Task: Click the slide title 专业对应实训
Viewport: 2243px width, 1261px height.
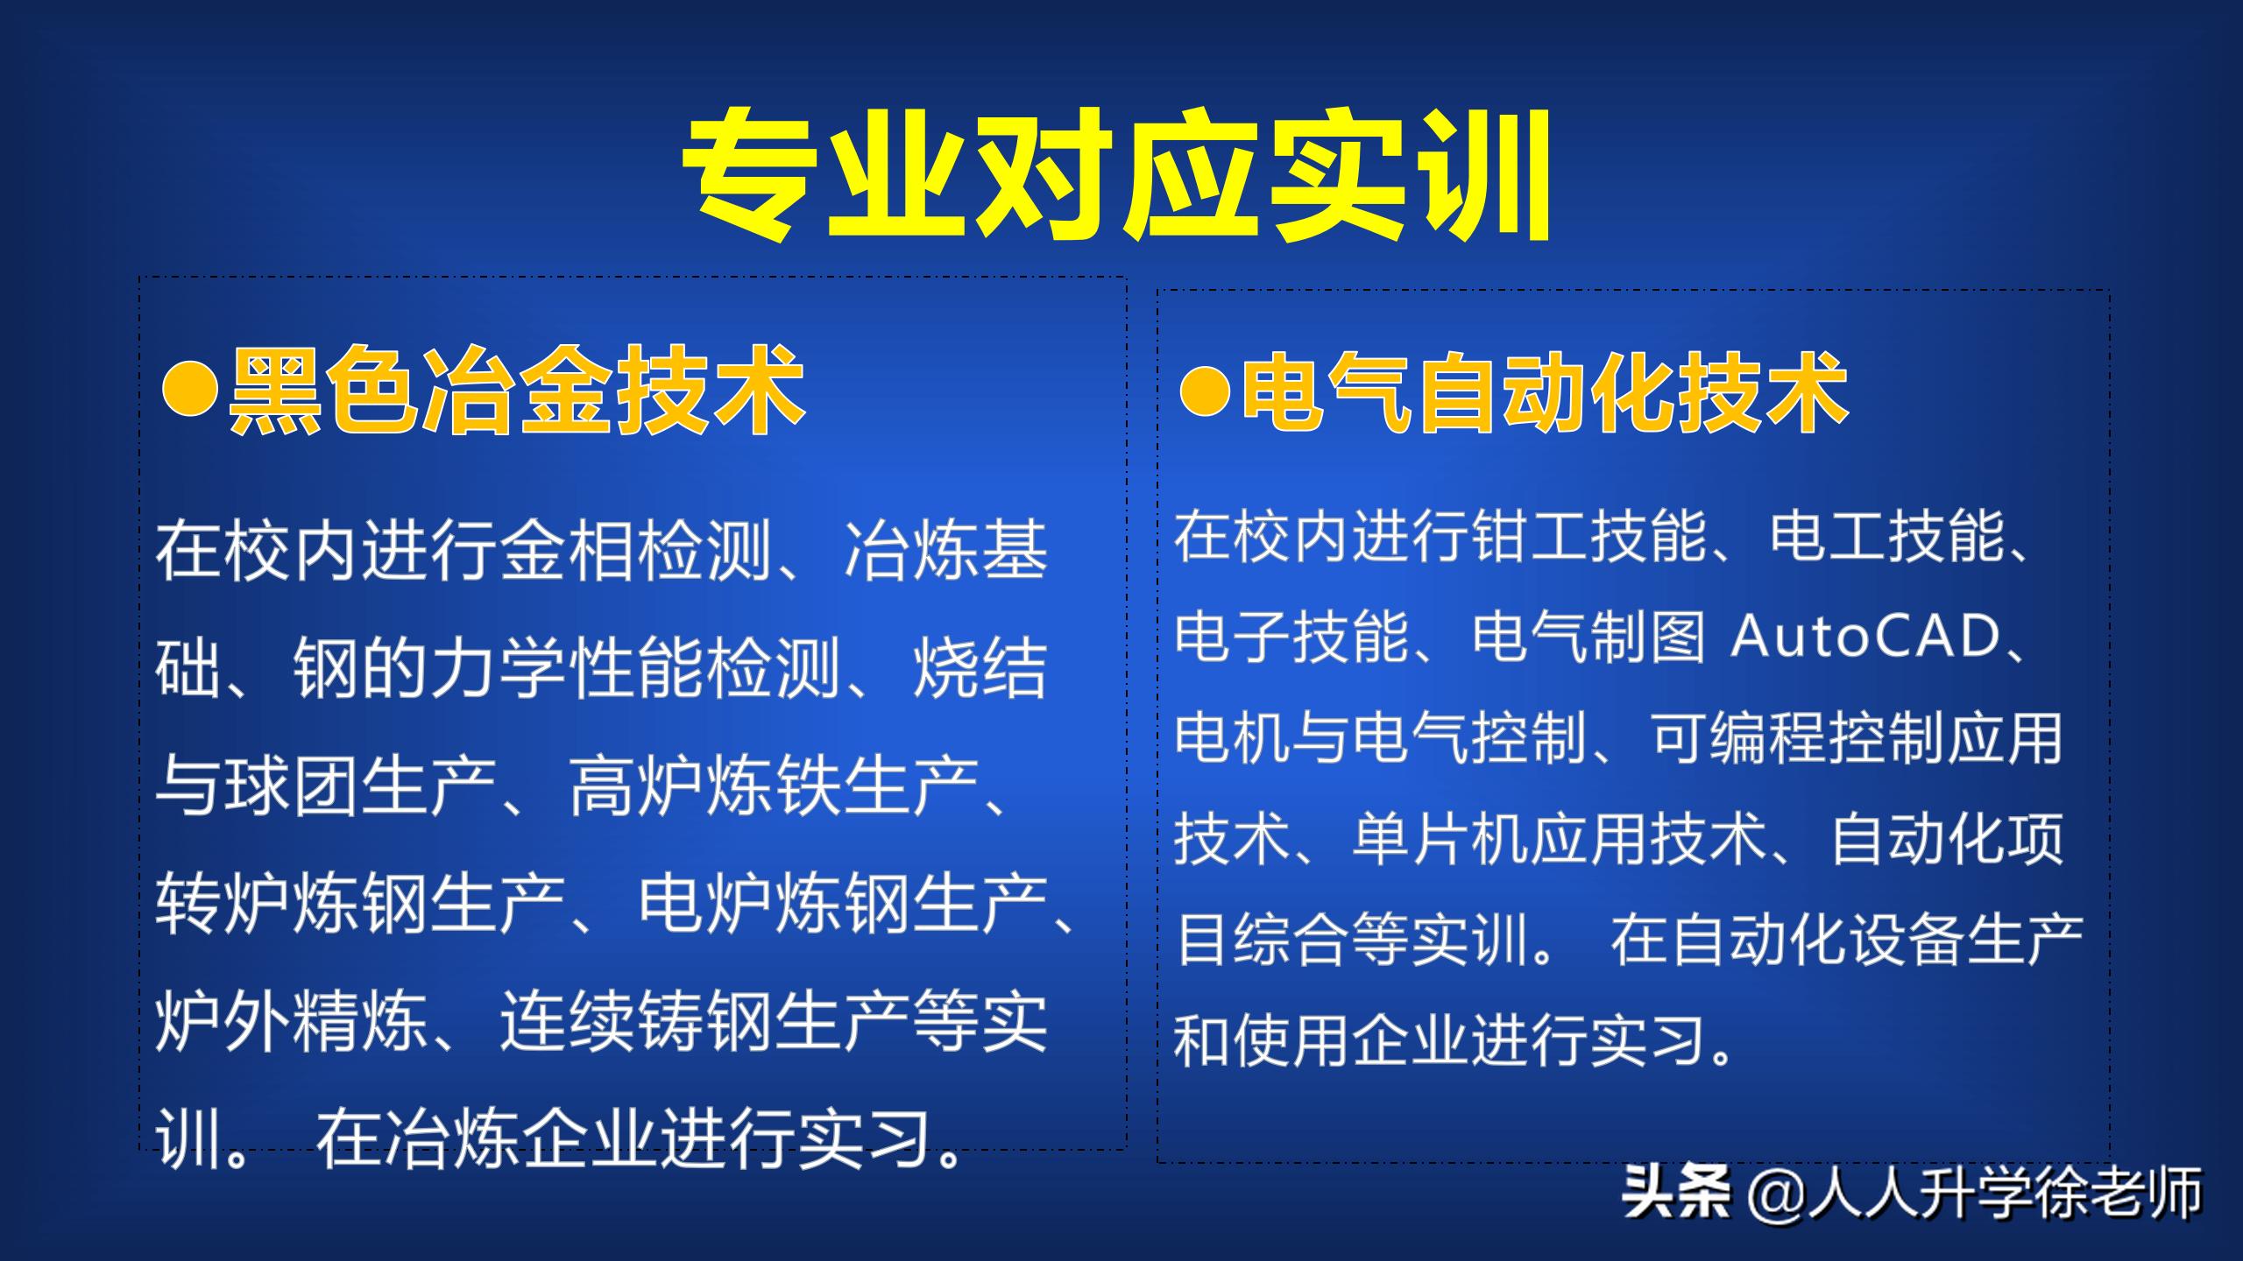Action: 1118,175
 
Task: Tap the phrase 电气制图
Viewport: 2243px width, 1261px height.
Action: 1588,637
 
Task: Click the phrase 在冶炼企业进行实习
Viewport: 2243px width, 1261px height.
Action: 622,1139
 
